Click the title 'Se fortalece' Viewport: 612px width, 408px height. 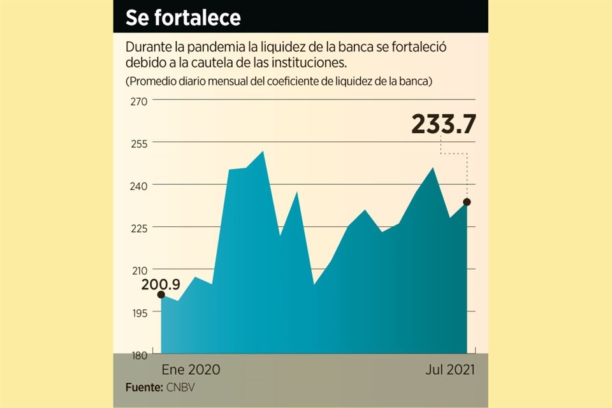[183, 18]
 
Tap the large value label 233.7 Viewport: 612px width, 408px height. [444, 124]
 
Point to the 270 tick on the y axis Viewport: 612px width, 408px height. [140, 101]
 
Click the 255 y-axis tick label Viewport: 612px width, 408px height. [140, 143]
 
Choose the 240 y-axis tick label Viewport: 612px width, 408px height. [140, 186]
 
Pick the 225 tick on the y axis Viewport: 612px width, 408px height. [140, 228]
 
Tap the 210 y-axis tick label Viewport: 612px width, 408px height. [140, 270]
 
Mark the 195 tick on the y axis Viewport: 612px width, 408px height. [140, 312]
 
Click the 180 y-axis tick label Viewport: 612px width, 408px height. [140, 354]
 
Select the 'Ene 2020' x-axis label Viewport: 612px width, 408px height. [191, 370]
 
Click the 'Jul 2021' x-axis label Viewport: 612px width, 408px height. [450, 370]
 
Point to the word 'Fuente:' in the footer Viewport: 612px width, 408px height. [144, 387]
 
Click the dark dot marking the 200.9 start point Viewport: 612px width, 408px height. [161, 295]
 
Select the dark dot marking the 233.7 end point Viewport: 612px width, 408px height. [467, 202]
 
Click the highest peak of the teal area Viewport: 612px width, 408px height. [263, 152]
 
